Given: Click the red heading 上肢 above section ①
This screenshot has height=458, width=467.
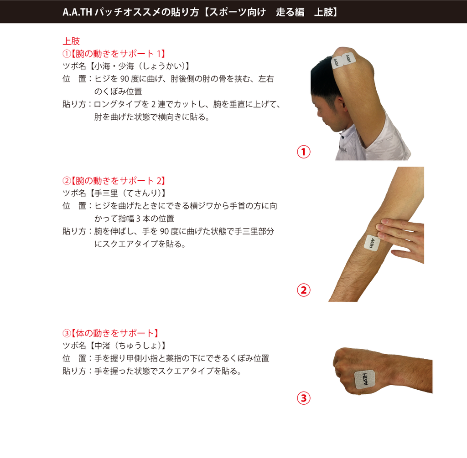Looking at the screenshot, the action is click(71, 41).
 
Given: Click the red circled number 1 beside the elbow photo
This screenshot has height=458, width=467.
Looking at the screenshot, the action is click(303, 152).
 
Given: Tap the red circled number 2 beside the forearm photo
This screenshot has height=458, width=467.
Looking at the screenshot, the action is click(303, 290).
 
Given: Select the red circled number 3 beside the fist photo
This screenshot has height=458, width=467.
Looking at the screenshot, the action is click(303, 398).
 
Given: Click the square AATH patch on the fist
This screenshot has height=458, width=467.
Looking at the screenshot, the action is click(365, 380).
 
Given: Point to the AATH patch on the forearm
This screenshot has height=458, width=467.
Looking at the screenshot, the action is click(372, 243).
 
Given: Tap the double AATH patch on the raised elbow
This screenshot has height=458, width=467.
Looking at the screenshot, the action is click(344, 61).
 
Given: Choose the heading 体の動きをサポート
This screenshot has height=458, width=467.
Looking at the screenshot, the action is click(115, 333).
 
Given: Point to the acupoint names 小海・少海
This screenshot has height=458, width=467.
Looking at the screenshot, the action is click(114, 66).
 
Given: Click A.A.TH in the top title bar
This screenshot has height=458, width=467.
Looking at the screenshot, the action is click(77, 12).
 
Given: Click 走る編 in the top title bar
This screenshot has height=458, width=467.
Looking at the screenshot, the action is click(290, 12).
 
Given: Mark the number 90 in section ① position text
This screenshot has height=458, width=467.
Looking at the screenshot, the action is click(125, 79).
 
